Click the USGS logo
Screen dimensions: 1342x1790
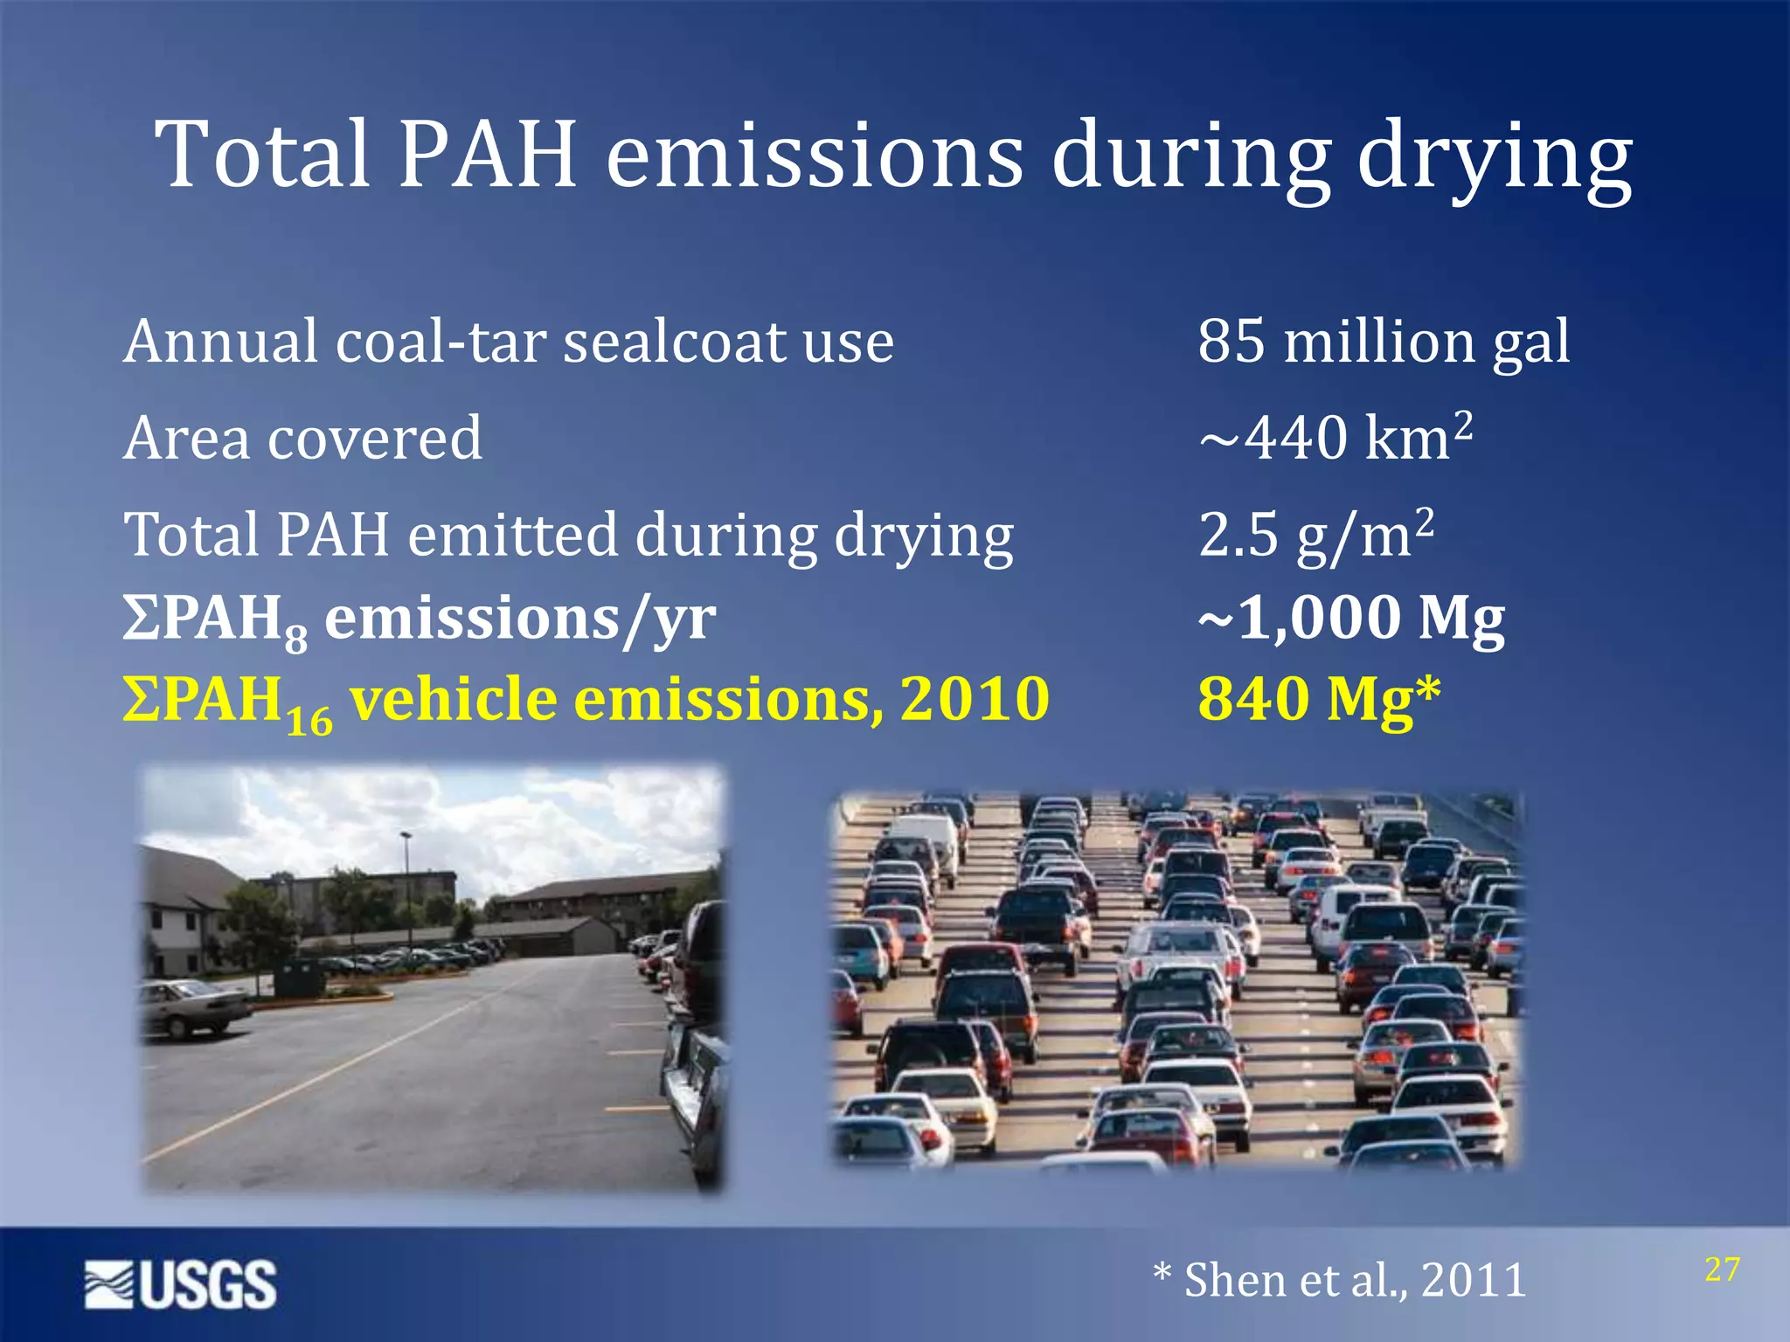181,1283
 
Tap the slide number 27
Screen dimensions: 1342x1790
1722,1269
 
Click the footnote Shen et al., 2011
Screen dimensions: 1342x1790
1340,1280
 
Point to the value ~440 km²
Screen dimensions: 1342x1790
1336,437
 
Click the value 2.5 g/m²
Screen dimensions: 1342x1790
1316,534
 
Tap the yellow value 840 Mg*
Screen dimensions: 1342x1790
1318,700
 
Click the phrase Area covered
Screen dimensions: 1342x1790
302,438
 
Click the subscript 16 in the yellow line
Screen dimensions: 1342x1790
309,723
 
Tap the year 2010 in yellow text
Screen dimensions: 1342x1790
975,700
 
